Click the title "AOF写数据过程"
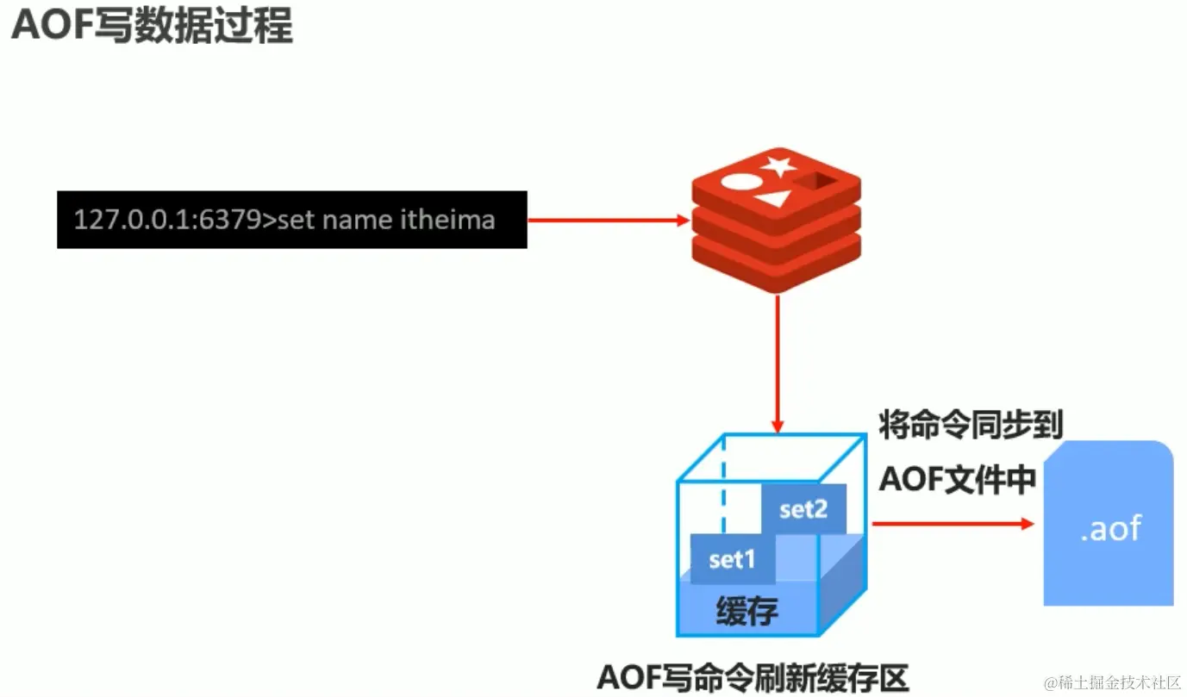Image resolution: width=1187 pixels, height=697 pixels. [152, 27]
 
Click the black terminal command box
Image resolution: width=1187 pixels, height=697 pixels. [291, 220]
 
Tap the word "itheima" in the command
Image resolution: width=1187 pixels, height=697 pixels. [448, 220]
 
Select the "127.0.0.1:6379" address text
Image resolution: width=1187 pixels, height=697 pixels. [163, 220]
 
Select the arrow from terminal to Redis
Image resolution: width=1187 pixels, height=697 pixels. [609, 220]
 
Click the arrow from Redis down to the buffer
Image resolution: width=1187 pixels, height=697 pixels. [778, 362]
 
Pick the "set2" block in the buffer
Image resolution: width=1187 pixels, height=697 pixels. [803, 509]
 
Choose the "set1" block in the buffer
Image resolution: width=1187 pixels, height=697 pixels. [732, 559]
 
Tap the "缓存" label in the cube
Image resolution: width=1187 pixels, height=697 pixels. [747, 611]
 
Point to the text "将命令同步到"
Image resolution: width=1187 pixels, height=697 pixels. [971, 426]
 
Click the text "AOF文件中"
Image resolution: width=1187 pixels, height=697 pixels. [957, 480]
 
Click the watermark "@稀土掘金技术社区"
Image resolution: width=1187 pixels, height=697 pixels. [1112, 683]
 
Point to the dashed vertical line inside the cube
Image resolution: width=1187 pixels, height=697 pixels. [723, 491]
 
